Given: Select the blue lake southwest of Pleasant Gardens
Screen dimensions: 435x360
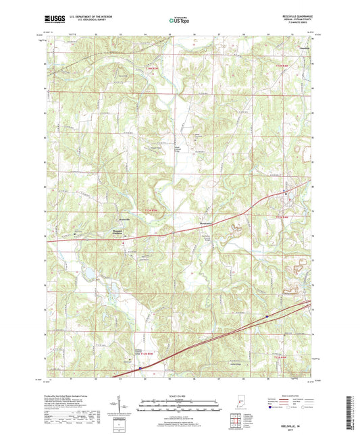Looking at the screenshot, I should pos(87,274).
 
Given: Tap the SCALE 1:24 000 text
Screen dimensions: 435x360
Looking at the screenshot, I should pos(180,396).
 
